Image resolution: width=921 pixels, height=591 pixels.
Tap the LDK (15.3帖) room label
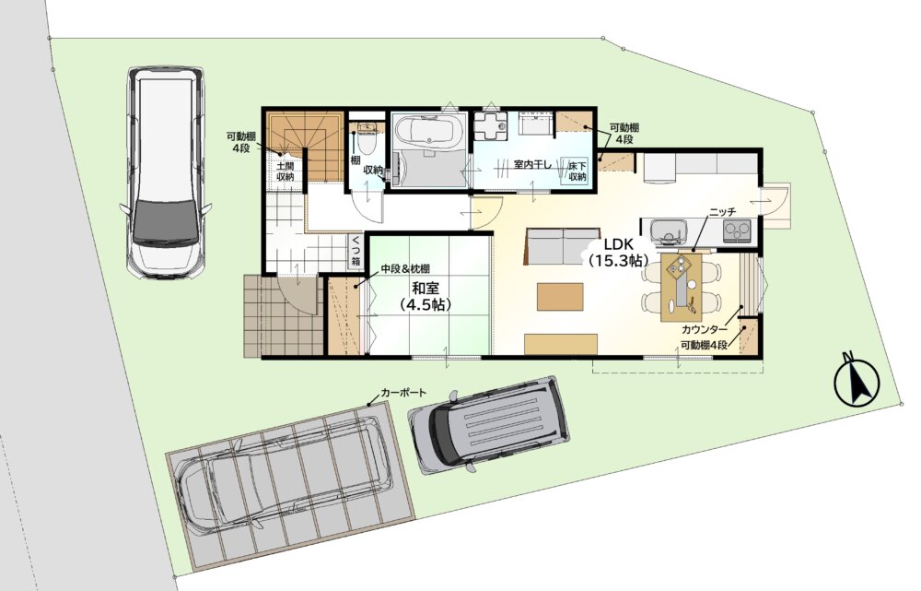pos(618,253)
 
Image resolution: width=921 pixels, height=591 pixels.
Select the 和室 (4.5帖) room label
pos(426,296)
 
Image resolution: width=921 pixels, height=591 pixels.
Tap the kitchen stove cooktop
pos(737,230)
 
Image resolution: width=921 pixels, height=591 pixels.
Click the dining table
pos(681,287)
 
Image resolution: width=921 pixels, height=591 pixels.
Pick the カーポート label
pos(403,392)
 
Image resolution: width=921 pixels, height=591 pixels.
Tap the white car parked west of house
pos(165,171)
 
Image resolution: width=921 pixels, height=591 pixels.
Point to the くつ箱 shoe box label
pos(356,250)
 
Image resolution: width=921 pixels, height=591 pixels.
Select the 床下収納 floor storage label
pos(577,171)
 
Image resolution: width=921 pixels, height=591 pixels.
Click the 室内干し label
pos(532,164)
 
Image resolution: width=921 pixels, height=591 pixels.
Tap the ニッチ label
pos(722,212)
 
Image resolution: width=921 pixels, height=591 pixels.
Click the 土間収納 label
pos(285,171)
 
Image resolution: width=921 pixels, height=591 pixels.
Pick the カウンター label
pos(705,329)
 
